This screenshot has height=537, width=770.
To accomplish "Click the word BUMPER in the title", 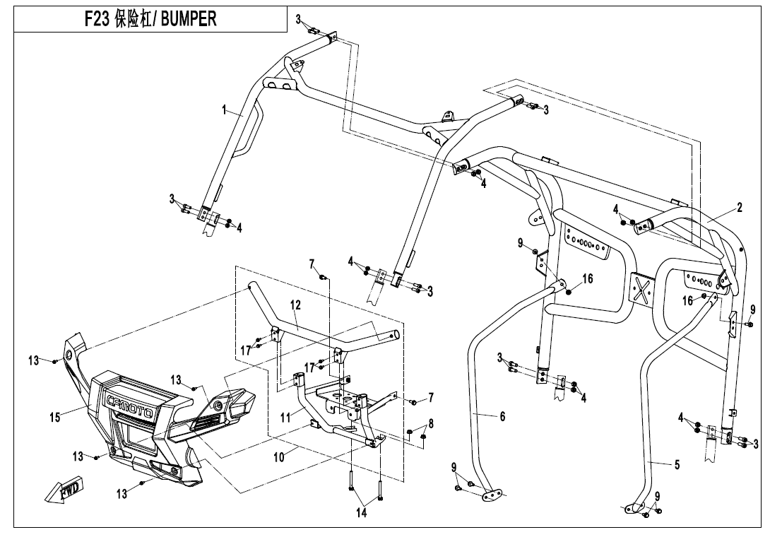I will click(189, 19).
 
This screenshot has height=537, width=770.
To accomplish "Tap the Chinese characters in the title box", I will click(134, 19).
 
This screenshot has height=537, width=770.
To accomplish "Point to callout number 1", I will click(224, 110).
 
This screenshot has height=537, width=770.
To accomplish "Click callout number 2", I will click(739, 208).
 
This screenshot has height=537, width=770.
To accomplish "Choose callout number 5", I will click(676, 465).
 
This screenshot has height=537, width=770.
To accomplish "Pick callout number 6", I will click(502, 417).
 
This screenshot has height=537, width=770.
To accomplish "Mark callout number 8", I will click(430, 424).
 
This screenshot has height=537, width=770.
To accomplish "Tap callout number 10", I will click(279, 457).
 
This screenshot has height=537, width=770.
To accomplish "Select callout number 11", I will click(285, 418).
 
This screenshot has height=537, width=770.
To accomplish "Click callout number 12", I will click(295, 305).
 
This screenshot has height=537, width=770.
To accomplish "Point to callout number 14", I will click(361, 513).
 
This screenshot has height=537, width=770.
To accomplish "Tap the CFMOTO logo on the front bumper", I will click(131, 401).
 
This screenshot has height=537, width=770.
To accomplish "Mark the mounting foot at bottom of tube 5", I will click(633, 507).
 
